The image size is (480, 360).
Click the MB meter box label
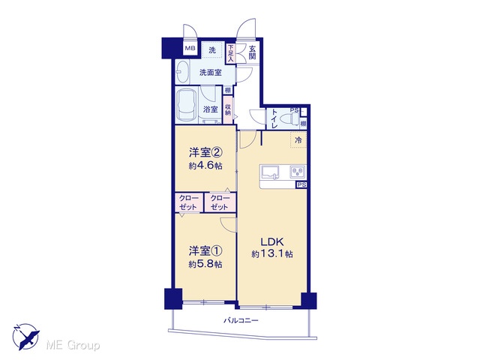[190, 48]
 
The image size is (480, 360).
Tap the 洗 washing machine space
[212, 49]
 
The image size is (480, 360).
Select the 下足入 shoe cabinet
[230, 54]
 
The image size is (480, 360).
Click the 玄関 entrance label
[252, 52]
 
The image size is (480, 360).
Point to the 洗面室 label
[211, 73]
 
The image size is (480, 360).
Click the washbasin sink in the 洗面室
[182, 73]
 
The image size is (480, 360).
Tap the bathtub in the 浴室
[187, 105]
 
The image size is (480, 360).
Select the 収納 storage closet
[228, 110]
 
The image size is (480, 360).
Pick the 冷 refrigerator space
[298, 140]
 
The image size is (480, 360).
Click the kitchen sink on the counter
[270, 172]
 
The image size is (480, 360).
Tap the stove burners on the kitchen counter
[298, 172]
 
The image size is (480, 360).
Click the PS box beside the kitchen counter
[301, 185]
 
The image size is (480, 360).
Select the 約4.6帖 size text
[205, 166]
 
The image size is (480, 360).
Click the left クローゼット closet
[188, 202]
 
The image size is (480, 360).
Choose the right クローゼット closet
[220, 202]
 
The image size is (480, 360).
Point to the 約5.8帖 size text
[205, 264]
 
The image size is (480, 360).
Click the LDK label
[272, 241]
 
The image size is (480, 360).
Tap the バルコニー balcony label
[241, 321]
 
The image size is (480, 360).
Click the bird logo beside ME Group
[26, 337]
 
